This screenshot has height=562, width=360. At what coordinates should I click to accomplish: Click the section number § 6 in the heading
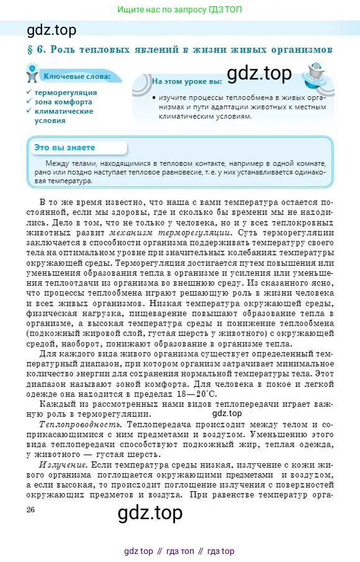click(x=36, y=49)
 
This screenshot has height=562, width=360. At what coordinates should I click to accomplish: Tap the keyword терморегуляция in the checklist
click(x=66, y=92)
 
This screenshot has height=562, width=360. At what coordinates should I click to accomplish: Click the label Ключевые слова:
click(x=76, y=76)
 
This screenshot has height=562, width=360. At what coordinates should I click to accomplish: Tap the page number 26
click(x=31, y=509)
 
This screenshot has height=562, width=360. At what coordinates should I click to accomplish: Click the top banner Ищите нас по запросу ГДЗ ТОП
click(x=180, y=10)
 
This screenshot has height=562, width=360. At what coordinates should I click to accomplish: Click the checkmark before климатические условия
click(x=29, y=111)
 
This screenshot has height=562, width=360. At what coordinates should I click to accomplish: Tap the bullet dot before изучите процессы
click(x=153, y=98)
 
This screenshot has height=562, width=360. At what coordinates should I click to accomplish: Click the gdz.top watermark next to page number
click(x=150, y=513)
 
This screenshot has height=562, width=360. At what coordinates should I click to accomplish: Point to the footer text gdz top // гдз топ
click(x=179, y=551)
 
